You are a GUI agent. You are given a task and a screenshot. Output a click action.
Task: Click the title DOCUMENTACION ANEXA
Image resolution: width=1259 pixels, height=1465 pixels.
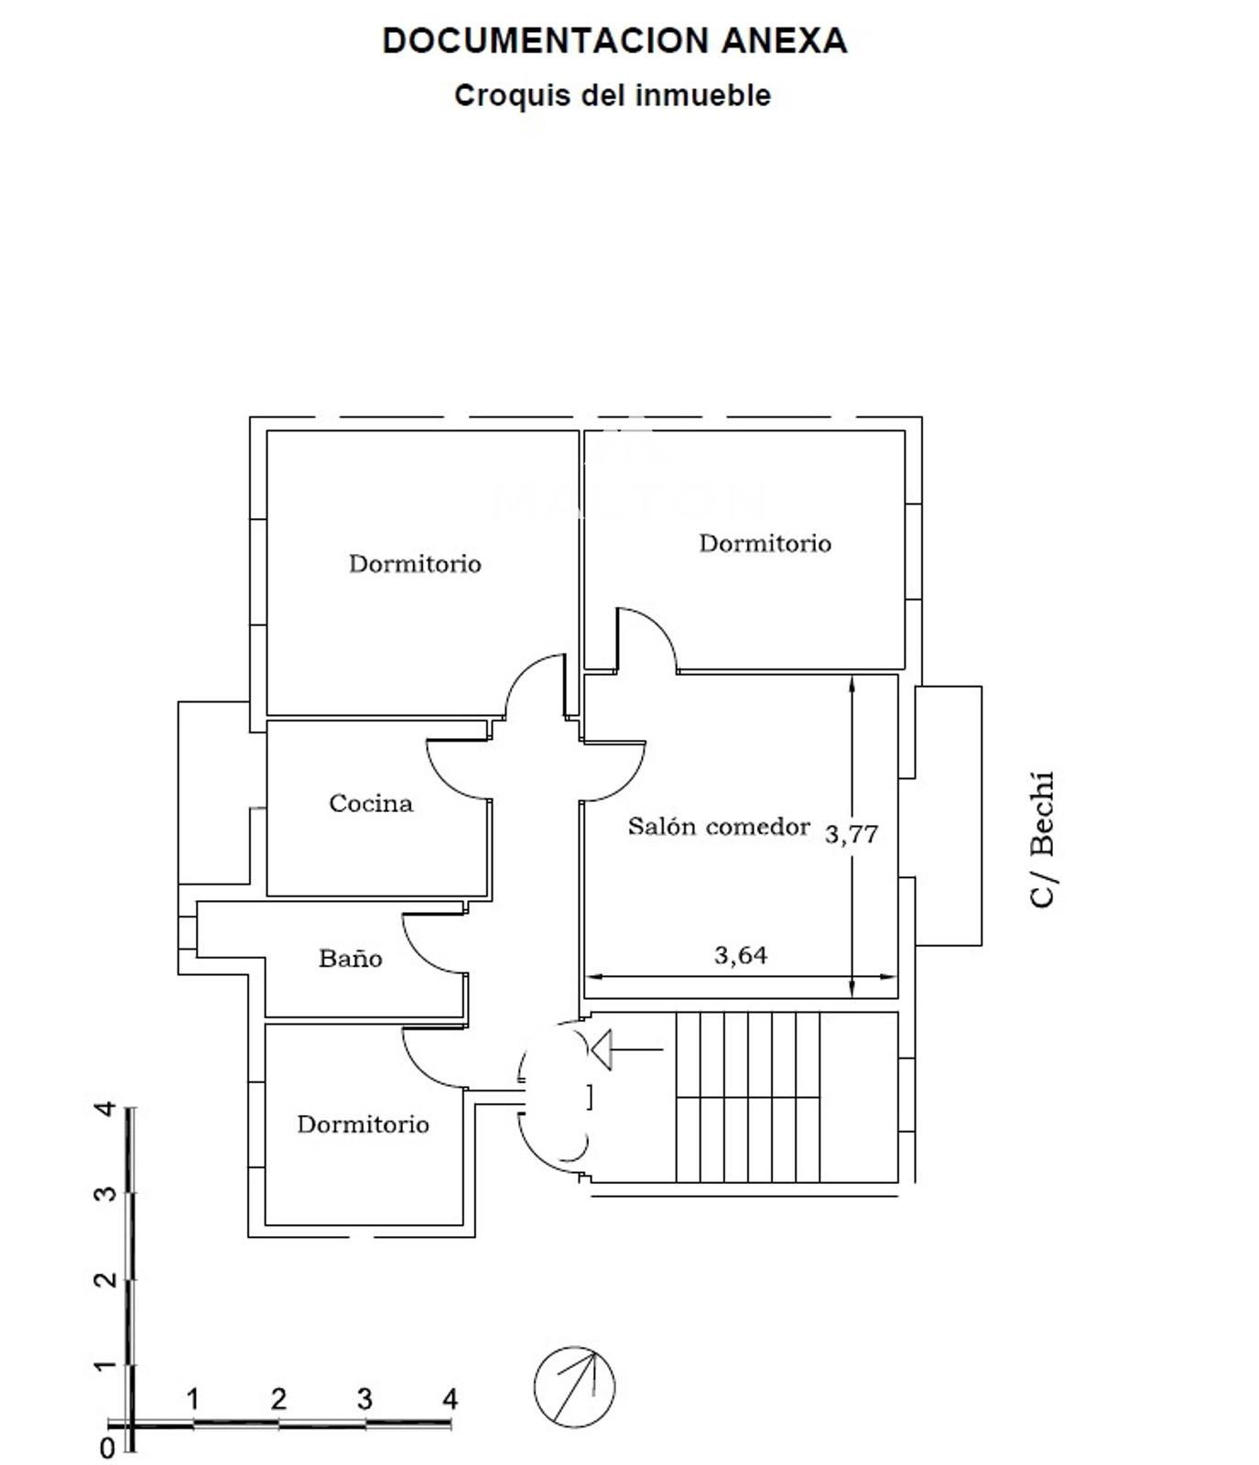[614, 41]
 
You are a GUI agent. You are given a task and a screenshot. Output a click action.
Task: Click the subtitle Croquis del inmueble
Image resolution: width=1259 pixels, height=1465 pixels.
[613, 95]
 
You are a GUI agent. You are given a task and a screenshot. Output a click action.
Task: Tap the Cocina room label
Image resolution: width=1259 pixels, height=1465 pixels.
[371, 803]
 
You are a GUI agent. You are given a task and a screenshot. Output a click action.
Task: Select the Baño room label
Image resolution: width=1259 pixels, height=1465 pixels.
[350, 959]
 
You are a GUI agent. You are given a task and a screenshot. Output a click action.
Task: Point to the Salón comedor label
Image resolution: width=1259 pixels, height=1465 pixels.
[719, 827]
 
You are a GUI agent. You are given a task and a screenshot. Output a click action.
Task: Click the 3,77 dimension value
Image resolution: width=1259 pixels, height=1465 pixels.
[852, 834]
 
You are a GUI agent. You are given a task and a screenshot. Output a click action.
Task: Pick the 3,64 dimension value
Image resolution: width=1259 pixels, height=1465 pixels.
[741, 955]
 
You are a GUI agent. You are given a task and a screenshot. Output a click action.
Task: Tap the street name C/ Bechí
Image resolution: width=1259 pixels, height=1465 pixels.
[1043, 840]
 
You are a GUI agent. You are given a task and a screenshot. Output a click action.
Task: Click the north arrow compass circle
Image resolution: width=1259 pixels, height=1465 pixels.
[574, 1386]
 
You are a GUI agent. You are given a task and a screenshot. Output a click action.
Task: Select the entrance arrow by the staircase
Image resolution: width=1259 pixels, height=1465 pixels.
[626, 1048]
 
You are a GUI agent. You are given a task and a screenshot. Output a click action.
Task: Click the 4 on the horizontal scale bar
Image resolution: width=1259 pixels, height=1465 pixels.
[450, 1399]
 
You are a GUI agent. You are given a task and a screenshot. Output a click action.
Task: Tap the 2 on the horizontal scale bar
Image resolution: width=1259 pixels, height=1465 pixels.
[278, 1399]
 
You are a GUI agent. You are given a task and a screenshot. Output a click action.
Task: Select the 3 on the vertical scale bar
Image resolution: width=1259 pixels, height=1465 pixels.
[106, 1194]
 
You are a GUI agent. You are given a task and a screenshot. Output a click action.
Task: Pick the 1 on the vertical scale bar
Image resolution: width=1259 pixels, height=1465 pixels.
[106, 1365]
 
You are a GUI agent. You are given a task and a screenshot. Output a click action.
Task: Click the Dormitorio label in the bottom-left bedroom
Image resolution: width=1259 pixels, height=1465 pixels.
[363, 1124]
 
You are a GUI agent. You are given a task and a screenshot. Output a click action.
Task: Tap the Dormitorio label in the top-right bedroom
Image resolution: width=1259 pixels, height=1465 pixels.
[765, 543]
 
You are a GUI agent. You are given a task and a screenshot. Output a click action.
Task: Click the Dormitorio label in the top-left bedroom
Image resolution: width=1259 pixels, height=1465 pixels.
[415, 563]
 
